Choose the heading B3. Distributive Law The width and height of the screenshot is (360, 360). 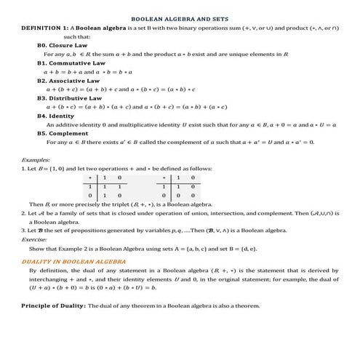tap(69, 97)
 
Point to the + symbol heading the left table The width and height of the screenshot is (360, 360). tap(90, 177)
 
